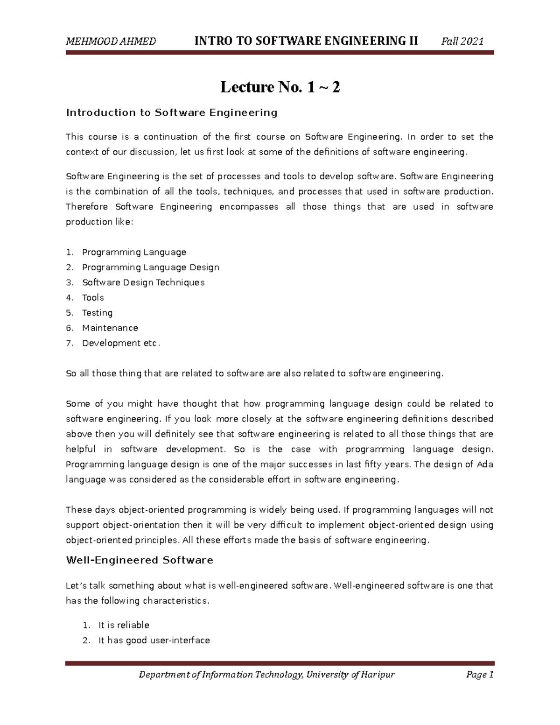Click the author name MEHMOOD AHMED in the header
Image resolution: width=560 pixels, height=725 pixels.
111,42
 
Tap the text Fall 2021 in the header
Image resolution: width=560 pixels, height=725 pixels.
462,42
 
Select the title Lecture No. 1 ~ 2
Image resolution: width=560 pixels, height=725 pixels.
280,87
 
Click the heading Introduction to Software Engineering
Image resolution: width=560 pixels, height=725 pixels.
172,113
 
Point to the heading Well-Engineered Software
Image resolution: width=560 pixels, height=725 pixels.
140,560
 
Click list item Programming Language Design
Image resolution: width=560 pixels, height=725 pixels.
150,267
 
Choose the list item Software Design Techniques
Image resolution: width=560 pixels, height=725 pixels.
143,282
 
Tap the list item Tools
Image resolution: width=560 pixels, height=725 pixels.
93,298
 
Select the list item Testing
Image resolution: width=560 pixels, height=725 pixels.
97,313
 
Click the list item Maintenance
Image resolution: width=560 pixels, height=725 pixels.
110,328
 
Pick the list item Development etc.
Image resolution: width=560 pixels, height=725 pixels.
121,343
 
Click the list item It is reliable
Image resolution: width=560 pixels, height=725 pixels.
124,625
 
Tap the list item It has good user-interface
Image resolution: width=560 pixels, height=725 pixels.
154,641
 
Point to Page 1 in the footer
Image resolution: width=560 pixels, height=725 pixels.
479,675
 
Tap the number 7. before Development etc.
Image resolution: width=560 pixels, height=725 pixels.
70,343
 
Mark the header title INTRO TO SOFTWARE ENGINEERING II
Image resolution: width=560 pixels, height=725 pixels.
306,41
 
